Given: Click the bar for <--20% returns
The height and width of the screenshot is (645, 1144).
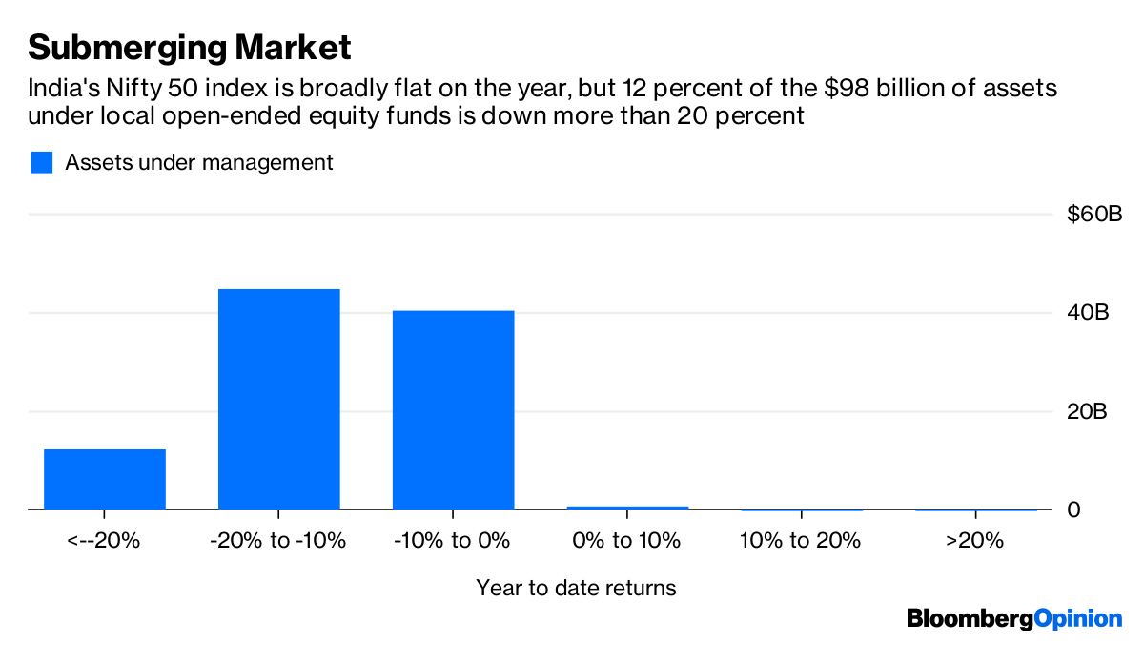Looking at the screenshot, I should click(105, 479).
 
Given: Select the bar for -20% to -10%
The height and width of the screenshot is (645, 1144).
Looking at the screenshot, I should click(278, 399).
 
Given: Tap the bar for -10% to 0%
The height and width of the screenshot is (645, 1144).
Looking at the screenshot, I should click(453, 410).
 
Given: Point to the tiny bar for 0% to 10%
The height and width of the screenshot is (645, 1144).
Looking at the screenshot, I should click(627, 508).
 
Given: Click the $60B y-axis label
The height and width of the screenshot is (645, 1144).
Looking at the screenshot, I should click(1093, 214).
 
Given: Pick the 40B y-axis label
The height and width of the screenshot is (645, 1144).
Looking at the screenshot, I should click(1087, 313).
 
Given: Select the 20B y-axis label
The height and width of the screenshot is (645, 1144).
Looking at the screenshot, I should click(1087, 412).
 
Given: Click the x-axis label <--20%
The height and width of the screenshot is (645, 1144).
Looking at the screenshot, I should click(104, 541).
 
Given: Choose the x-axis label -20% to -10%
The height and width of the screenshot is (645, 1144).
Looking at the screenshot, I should click(278, 541).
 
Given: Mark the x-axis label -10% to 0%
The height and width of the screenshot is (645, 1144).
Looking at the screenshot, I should click(453, 541).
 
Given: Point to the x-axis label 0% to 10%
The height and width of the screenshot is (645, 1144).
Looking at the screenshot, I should click(627, 541).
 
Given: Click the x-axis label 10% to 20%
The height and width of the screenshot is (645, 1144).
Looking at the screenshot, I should click(801, 541).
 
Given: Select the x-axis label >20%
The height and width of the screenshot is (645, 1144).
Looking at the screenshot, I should click(975, 541).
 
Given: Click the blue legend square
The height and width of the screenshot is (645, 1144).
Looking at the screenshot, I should click(41, 162).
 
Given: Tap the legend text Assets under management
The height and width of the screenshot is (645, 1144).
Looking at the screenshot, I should click(199, 162).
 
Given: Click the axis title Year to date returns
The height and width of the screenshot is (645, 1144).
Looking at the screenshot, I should click(576, 588).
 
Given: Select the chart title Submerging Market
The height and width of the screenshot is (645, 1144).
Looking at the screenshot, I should click(190, 46).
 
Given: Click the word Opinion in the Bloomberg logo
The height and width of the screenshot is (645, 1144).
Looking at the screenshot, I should click(1078, 618).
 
